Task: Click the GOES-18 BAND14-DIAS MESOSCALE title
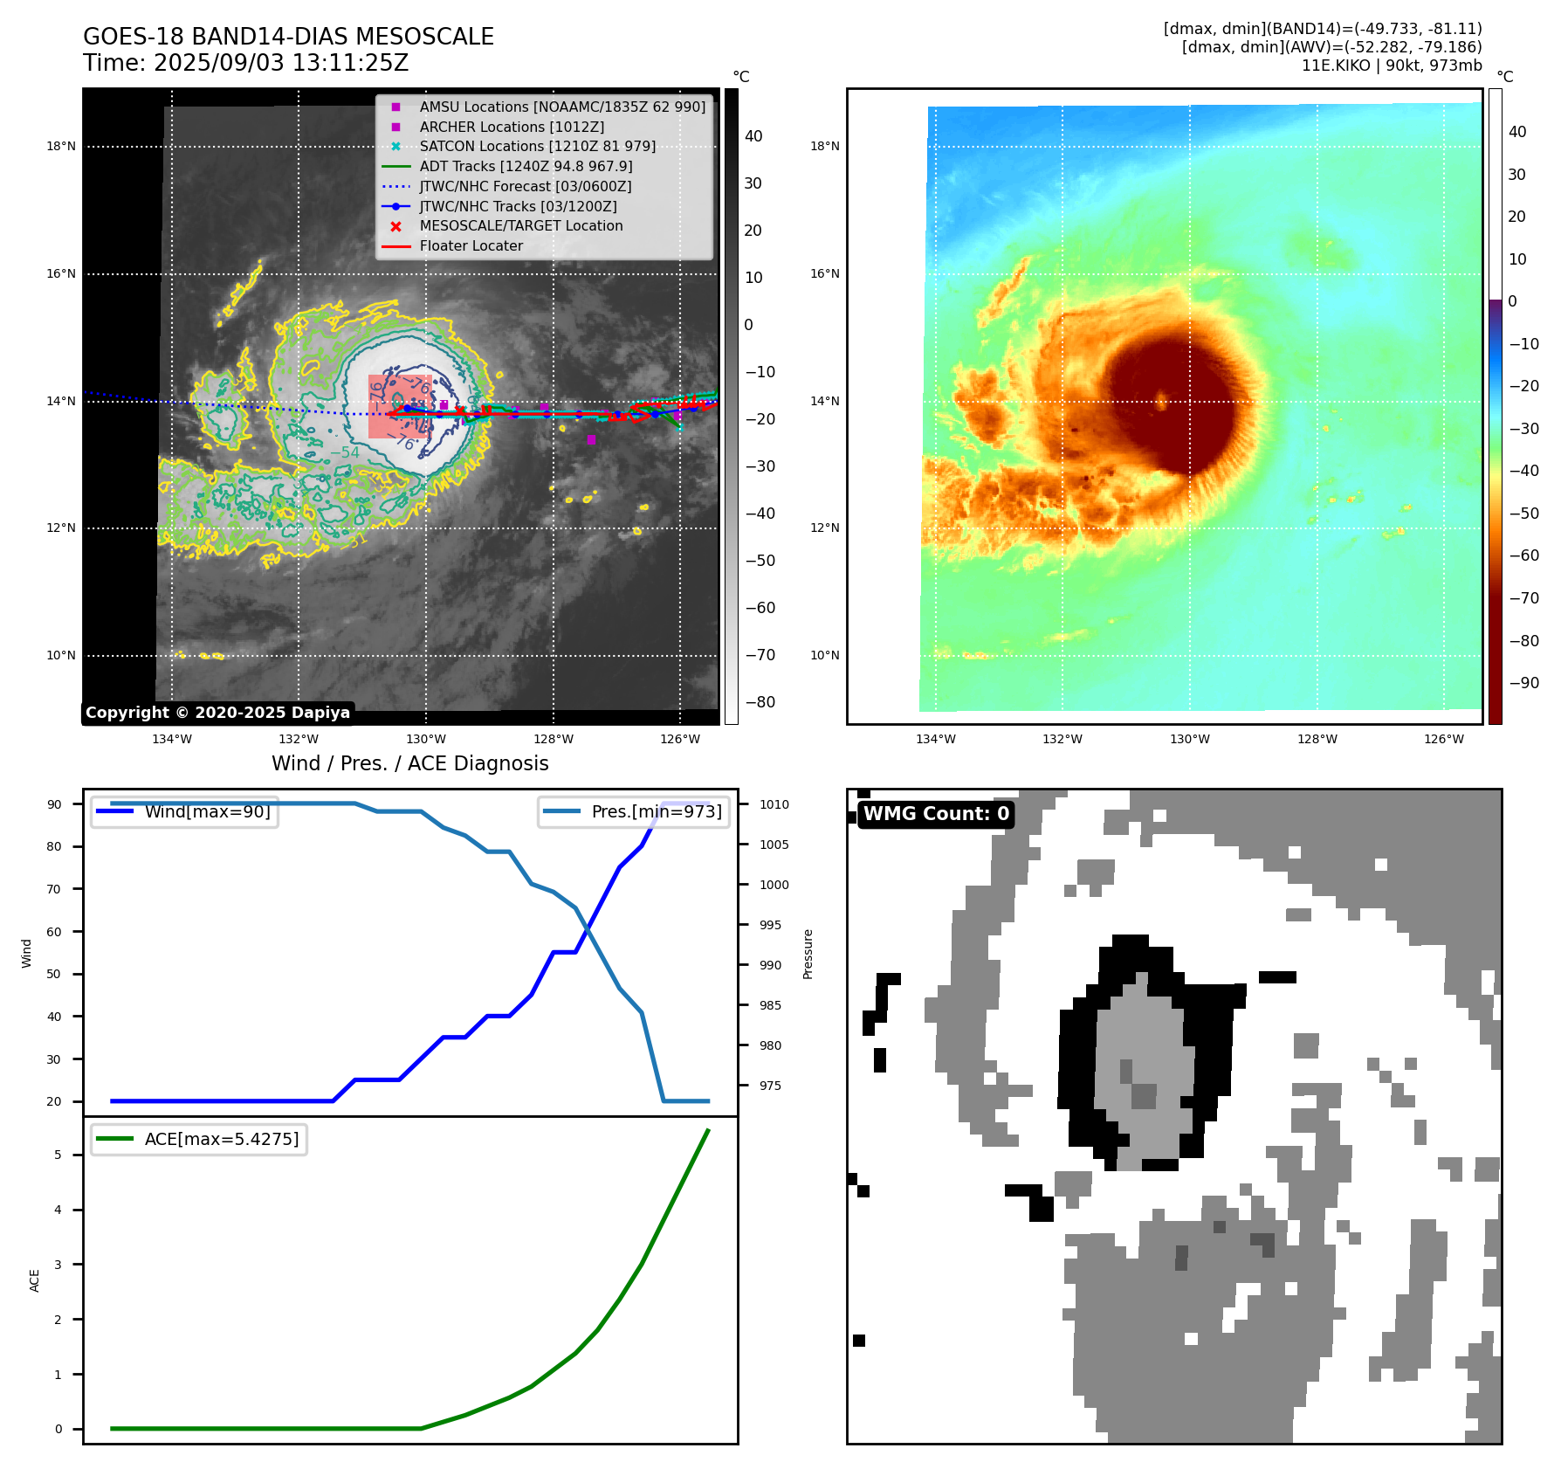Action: tap(288, 37)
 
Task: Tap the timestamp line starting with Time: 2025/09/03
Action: tap(245, 63)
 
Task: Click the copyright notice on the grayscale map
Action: tap(217, 713)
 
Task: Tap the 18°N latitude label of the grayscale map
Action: tap(61, 146)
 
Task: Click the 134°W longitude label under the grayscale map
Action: tap(172, 739)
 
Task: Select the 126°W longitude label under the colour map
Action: tap(1444, 739)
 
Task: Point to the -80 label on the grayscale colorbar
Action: tap(760, 702)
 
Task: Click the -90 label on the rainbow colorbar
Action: tap(1523, 683)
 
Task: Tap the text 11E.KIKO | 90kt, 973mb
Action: tap(1392, 66)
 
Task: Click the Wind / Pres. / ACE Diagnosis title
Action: tap(409, 763)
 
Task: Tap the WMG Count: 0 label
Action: tap(936, 814)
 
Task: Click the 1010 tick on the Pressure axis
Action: tap(774, 804)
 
